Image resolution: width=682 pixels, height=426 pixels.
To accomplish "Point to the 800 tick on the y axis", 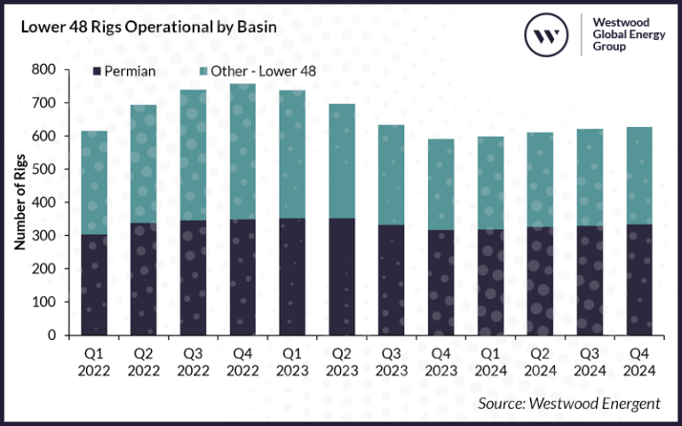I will (44, 69).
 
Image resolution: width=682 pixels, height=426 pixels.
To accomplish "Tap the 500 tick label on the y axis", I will (44, 169).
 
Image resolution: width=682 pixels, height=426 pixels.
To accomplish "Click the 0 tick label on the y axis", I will (52, 335).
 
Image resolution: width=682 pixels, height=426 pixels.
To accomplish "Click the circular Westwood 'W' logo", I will (547, 35).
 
